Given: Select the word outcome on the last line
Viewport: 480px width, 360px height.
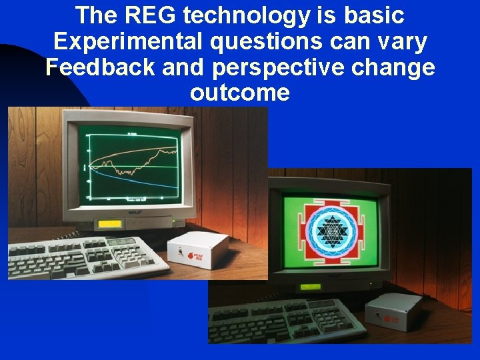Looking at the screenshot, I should (240, 93).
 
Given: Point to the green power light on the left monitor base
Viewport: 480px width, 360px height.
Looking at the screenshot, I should (173, 221).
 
